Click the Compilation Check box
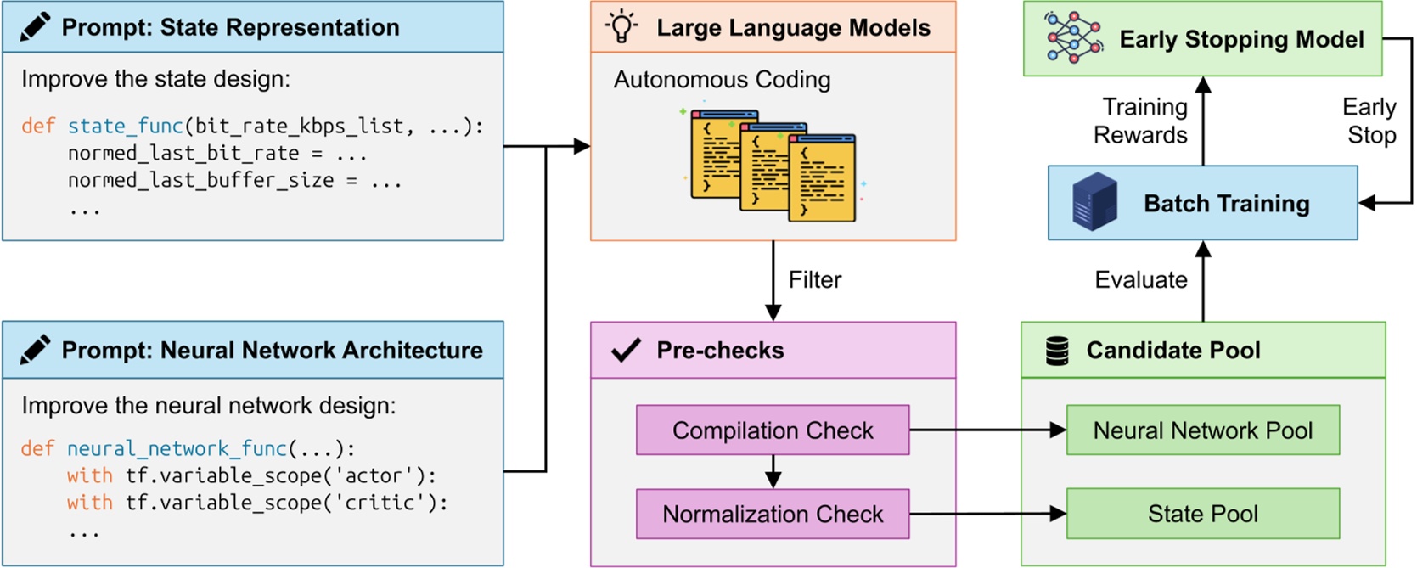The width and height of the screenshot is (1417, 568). [x=772, y=430]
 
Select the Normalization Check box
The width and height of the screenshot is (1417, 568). [x=772, y=514]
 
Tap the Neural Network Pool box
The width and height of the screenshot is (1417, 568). [x=1202, y=430]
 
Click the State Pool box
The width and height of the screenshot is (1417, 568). [x=1202, y=514]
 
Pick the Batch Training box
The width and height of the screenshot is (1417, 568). [x=1202, y=203]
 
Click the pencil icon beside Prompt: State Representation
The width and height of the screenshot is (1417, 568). [x=35, y=27]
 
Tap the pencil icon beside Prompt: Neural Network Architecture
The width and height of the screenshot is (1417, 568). [x=35, y=350]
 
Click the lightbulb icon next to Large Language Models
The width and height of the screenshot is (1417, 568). [x=621, y=27]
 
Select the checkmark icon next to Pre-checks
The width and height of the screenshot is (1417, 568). [x=626, y=350]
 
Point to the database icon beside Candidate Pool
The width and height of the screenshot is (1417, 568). [x=1057, y=350]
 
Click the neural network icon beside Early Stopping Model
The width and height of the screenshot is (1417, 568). [x=1073, y=38]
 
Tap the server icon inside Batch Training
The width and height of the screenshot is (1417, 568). [x=1094, y=202]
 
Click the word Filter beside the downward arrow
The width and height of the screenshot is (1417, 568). [x=814, y=280]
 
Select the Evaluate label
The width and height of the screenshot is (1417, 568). [x=1140, y=280]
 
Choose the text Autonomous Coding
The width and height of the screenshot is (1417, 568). [x=722, y=80]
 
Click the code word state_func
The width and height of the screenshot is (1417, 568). [x=125, y=127]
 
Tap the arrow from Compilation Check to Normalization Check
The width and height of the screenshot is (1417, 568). [x=773, y=471]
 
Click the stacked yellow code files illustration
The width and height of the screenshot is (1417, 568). [x=773, y=166]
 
